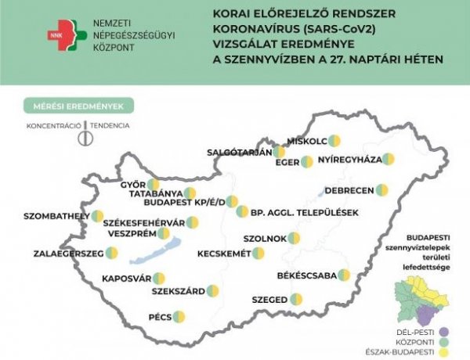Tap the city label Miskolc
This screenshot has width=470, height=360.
(x=307, y=141)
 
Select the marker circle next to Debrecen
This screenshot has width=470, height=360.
(x=381, y=190)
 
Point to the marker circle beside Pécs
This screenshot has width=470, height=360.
(x=179, y=317)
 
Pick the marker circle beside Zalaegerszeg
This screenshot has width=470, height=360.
(x=112, y=254)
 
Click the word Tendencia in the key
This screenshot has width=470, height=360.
(x=110, y=125)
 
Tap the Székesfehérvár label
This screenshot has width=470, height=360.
(x=144, y=222)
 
